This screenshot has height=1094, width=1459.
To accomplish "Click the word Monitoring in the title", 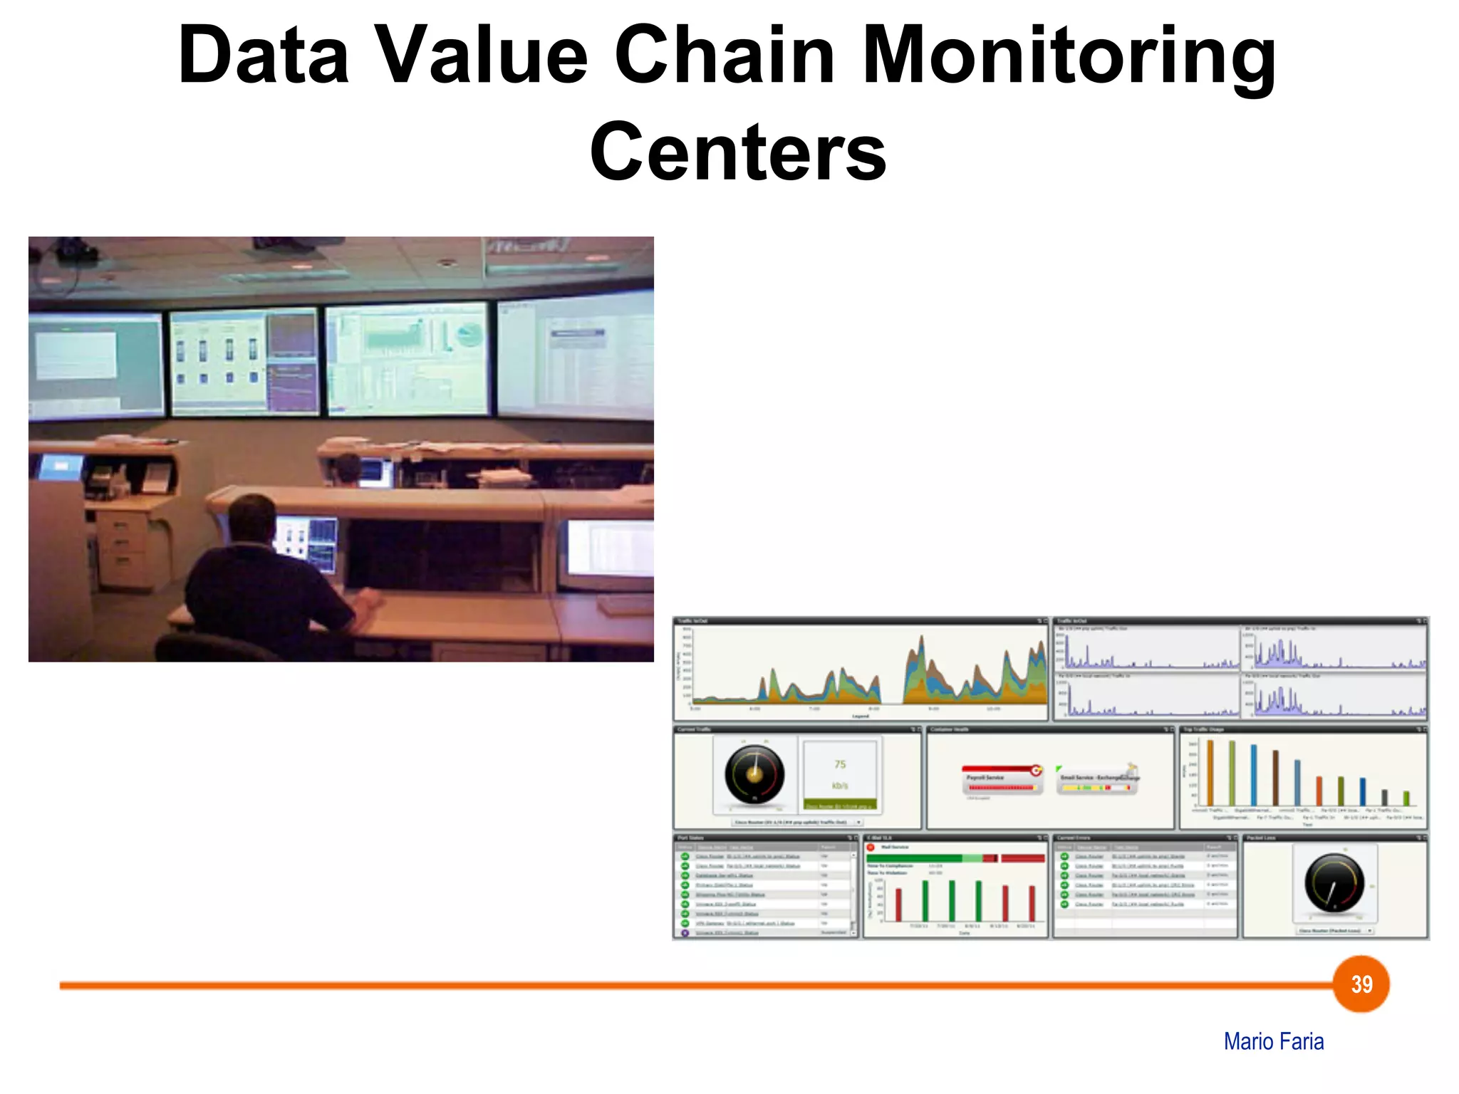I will coord(1069,56).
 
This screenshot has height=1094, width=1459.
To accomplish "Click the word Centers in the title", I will coord(738,152).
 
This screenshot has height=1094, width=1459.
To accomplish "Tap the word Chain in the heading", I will coord(724,56).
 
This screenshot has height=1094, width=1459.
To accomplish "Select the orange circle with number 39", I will coord(1361,984).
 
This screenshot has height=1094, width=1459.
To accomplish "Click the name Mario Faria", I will coord(1273,1041).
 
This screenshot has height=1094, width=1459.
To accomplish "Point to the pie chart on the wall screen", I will coord(468,334).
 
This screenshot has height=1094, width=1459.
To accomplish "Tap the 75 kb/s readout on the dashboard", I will coord(840,774).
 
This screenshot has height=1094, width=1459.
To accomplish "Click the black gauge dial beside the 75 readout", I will coord(754,775).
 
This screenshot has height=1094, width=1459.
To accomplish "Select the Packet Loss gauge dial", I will coord(1334,883).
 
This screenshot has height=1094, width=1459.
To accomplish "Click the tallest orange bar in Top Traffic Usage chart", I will coord(1210,773).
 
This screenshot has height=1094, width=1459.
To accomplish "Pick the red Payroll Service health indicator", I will coord(1001,779).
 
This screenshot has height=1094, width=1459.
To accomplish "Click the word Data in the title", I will coord(264,56).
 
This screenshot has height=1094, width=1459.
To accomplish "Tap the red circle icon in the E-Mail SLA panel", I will coord(871,847).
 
